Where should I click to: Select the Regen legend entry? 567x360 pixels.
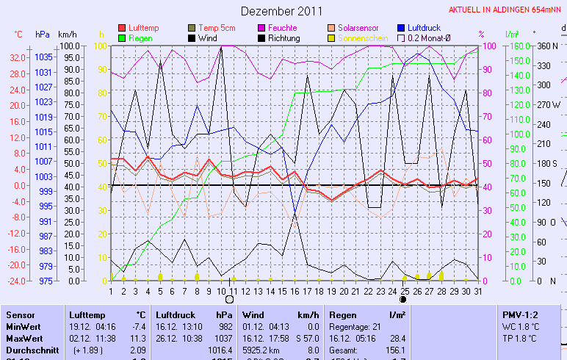(x=141, y=37)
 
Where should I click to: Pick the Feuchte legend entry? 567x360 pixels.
(x=281, y=28)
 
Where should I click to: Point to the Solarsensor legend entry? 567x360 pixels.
(x=355, y=28)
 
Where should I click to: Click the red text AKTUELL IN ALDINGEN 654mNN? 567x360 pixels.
(x=507, y=10)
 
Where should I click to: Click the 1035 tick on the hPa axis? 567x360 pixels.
(x=43, y=57)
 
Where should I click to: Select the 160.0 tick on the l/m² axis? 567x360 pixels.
(x=519, y=46)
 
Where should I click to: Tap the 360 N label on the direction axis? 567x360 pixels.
(x=547, y=46)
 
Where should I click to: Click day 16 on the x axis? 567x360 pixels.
(x=295, y=291)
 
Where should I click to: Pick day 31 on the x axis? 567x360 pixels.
(x=477, y=291)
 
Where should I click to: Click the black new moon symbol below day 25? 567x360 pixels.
(x=403, y=300)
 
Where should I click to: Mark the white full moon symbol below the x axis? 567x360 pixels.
(x=229, y=300)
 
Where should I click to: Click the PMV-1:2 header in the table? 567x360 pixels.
(x=523, y=314)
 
